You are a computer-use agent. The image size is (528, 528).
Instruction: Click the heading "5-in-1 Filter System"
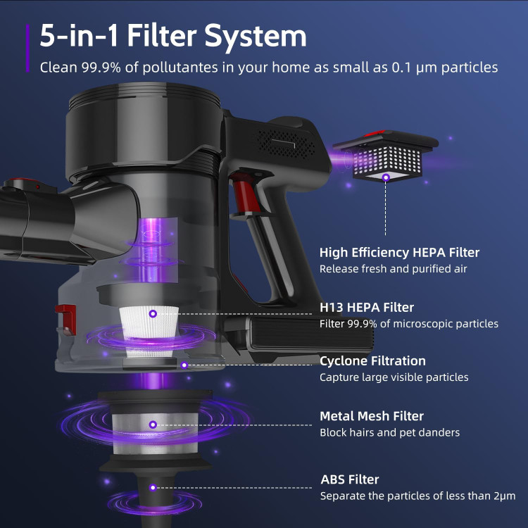click(x=173, y=36)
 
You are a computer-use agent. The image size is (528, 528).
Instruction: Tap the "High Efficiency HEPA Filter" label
click(x=399, y=253)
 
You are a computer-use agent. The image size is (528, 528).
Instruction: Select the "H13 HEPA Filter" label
click(x=367, y=307)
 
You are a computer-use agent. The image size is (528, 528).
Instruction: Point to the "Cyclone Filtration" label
click(x=372, y=361)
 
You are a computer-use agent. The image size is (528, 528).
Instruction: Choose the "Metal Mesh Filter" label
click(x=372, y=416)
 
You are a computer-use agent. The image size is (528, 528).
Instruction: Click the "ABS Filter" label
click(x=350, y=479)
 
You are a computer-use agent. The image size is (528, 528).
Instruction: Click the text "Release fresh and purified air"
click(x=394, y=269)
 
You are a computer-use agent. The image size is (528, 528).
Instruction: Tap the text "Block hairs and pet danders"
click(x=389, y=432)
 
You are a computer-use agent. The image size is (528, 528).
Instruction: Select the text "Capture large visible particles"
click(x=394, y=377)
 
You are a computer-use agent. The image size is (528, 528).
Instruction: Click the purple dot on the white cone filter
click(x=153, y=314)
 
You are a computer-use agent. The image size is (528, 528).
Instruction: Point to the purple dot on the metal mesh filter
click(x=153, y=425)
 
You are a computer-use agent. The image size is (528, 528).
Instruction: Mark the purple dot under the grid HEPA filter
click(x=386, y=177)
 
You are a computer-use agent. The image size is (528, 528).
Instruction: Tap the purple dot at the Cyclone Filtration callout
click(x=184, y=365)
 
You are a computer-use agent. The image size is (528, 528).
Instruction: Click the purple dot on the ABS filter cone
click(x=153, y=488)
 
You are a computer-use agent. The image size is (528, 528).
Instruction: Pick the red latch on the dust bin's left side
click(x=66, y=319)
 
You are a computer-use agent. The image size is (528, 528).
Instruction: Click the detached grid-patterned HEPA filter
click(x=386, y=156)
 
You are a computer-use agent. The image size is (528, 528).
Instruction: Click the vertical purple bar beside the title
click(x=27, y=48)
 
